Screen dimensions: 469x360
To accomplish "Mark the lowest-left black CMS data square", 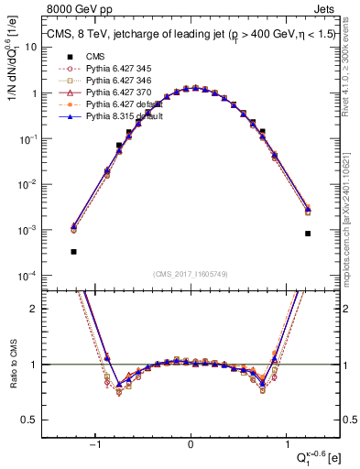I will [x=73, y=251].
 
